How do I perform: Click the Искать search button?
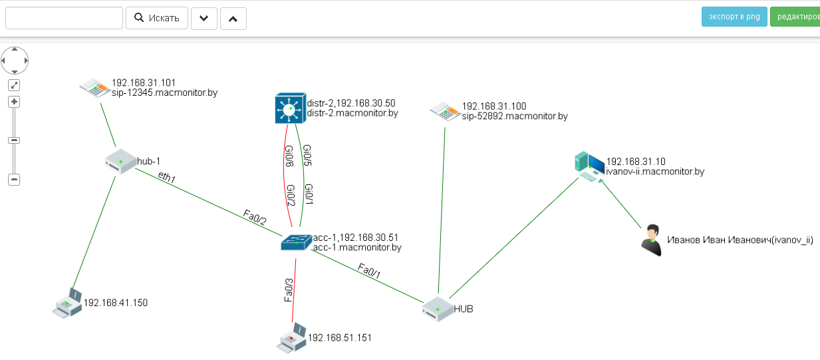tap(157, 18)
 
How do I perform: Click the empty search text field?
tap(64, 18)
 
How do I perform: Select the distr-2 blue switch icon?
tap(289, 108)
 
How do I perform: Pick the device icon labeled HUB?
tap(437, 309)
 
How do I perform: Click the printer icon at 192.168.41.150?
tap(67, 303)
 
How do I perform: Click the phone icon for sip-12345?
tap(94, 88)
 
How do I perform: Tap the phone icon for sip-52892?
tap(444, 111)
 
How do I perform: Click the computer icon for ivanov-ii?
tap(589, 166)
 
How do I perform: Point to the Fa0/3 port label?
tap(289, 290)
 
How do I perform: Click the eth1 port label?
tap(167, 177)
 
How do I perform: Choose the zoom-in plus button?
tap(14, 102)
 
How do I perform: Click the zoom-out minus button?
tap(14, 179)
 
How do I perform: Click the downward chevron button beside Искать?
tap(204, 19)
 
